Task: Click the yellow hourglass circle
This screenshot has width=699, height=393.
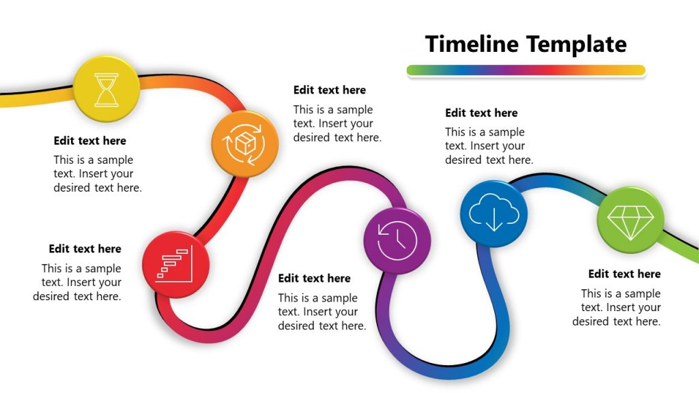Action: coord(106,89)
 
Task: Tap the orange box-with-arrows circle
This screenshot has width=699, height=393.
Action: coord(244,144)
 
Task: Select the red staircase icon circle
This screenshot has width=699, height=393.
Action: coord(175,265)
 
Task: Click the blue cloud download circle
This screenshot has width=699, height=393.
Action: coord(494,213)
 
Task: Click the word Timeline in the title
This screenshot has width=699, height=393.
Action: coord(472,44)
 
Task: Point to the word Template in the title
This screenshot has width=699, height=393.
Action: coord(577,44)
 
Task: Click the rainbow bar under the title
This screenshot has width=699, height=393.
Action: coord(526,70)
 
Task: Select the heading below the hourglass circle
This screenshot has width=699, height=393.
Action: coord(90,141)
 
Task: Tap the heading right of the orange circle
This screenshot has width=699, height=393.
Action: coord(330,90)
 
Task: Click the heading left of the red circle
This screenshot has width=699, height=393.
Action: coord(85,249)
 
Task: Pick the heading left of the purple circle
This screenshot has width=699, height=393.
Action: coord(314,278)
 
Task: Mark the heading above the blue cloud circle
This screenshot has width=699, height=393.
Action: coord(481,113)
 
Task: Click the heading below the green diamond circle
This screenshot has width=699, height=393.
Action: coord(624,274)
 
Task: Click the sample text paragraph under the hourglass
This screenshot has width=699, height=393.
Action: coord(98,174)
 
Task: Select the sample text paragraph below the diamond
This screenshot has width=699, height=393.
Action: coord(617,308)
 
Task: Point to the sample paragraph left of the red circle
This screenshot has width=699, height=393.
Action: coord(77,282)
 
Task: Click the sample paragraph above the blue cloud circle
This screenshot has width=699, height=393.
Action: coord(489,146)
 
